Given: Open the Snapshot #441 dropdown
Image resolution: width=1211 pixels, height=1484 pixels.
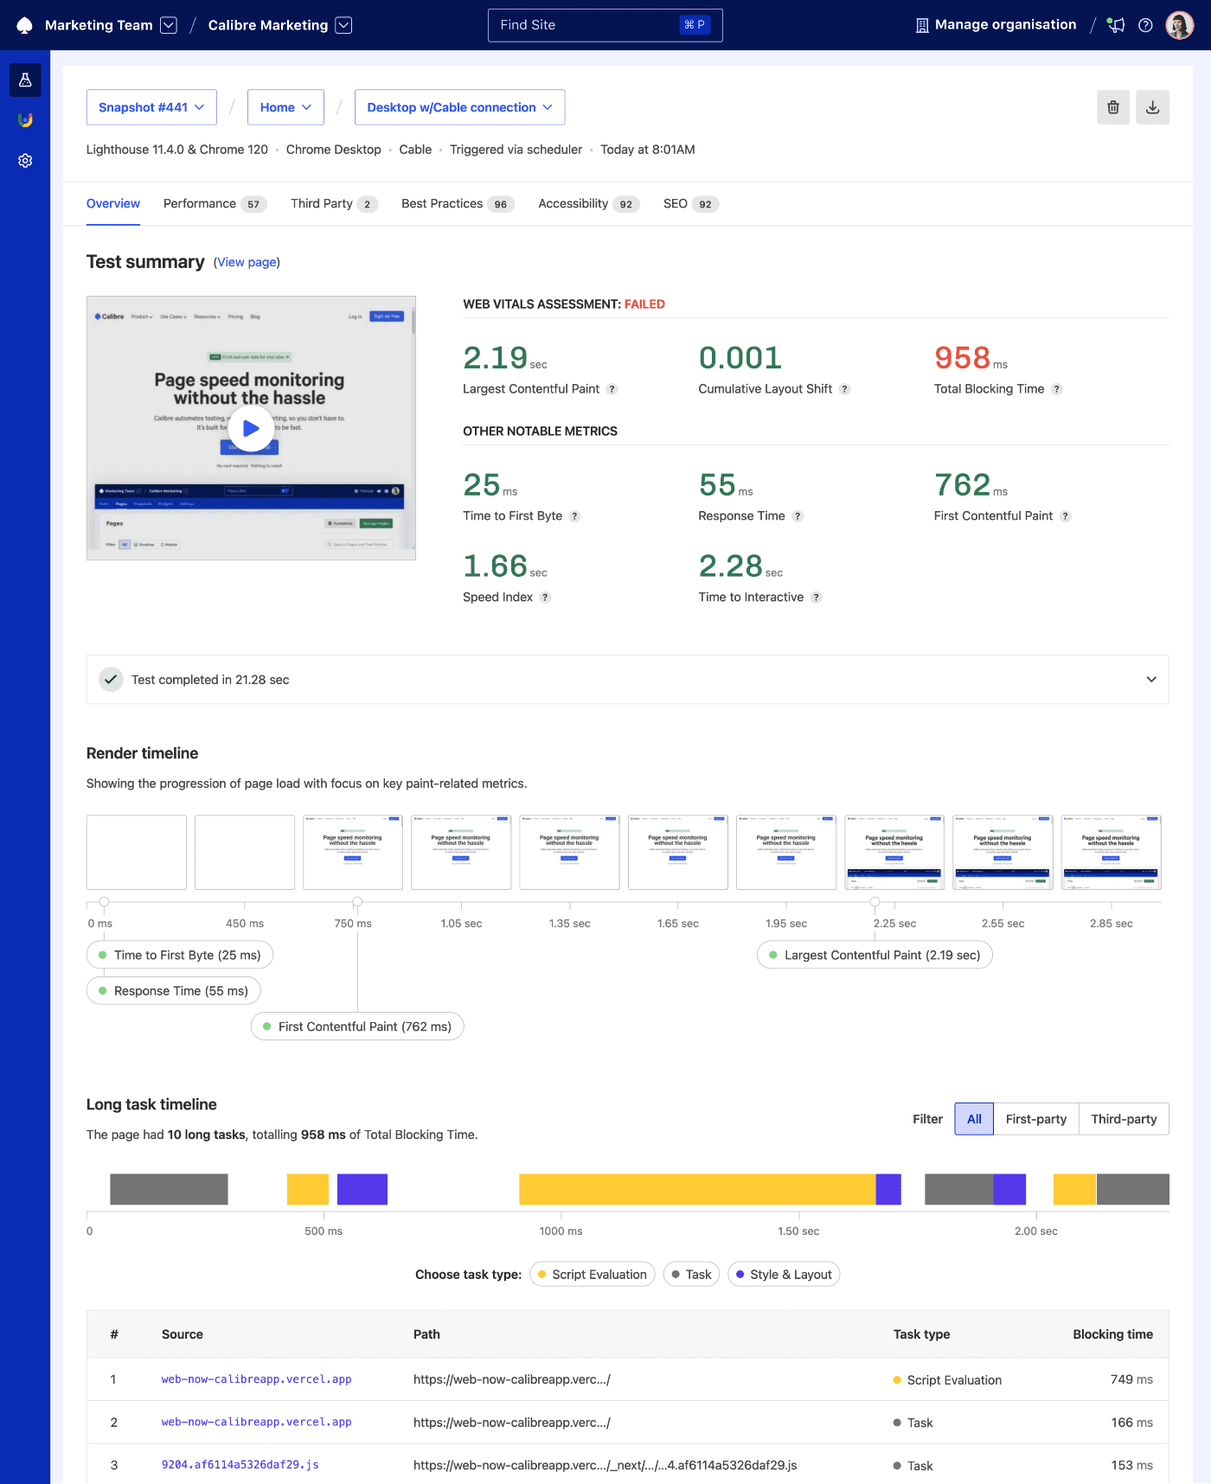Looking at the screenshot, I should (151, 107).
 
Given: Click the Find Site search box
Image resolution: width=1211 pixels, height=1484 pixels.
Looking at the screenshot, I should (605, 25).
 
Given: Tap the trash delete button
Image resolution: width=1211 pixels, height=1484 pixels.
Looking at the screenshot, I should (1113, 107).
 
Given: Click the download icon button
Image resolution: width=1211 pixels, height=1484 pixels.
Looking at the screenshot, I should (1152, 107).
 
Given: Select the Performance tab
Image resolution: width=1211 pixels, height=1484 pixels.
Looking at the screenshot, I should (200, 204).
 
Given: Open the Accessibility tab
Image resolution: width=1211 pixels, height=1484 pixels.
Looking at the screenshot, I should (573, 204).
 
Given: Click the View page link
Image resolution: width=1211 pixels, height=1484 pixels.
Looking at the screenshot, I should (247, 262).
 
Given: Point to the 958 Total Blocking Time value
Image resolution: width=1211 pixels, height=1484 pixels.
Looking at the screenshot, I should (962, 358).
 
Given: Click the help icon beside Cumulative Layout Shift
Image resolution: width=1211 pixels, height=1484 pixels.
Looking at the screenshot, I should (845, 389).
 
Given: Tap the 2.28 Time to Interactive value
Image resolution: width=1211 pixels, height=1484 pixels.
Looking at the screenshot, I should (730, 566).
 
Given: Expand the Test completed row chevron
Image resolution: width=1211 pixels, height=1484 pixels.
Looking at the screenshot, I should (1151, 680).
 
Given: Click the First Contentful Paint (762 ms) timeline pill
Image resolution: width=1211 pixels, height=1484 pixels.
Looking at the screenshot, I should (357, 1027).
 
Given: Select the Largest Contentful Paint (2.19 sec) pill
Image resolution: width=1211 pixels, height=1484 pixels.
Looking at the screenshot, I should (875, 956).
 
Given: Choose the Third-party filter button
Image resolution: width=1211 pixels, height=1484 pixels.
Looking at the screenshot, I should (1124, 1119).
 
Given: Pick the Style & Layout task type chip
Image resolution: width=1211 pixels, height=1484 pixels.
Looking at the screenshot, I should (784, 1275).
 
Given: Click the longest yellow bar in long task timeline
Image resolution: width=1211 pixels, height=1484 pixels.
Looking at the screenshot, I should (696, 1189).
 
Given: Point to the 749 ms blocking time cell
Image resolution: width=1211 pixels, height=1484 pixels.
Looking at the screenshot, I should (1131, 1379).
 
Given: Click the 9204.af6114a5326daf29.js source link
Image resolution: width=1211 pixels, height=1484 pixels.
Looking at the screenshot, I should (240, 1465).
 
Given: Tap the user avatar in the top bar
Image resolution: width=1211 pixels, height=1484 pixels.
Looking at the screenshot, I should (1180, 25).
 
